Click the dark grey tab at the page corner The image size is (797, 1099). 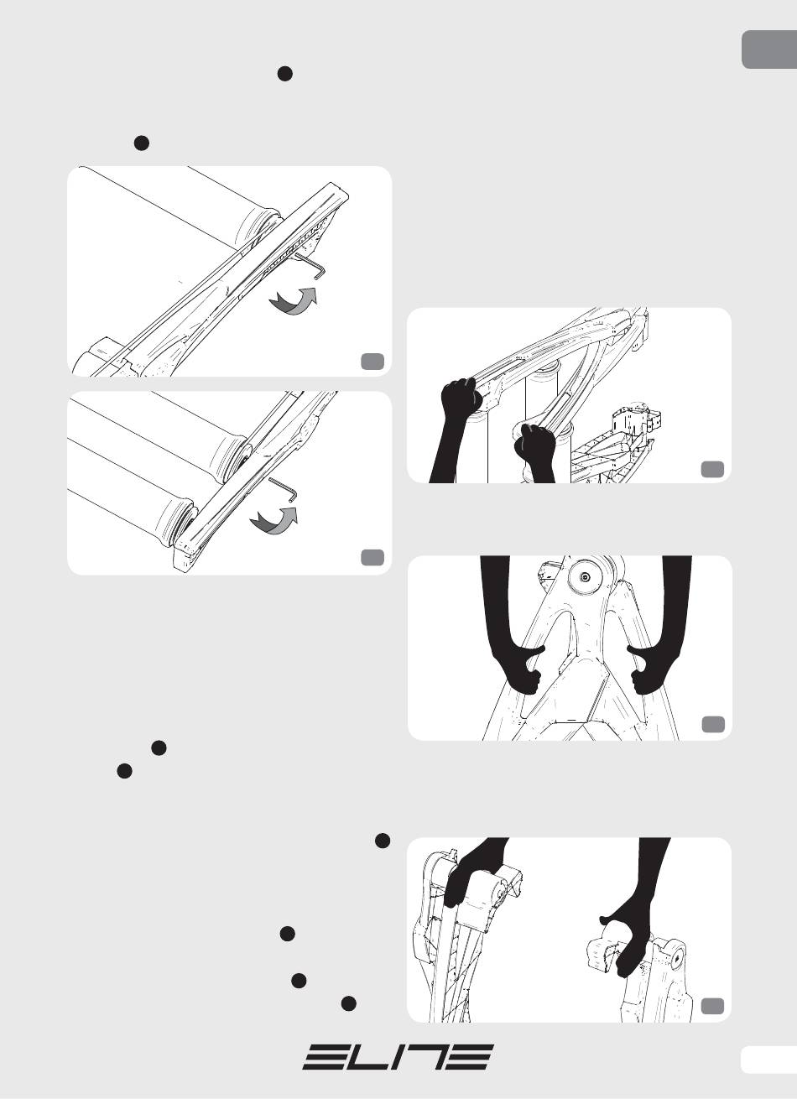point(769,49)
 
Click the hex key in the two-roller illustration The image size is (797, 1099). point(284,488)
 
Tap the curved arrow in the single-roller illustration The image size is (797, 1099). point(294,300)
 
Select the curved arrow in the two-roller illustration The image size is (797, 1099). point(273,520)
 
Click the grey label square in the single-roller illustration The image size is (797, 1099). point(372,361)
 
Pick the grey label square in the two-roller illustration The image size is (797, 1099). point(372,557)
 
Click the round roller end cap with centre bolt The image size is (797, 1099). point(586,577)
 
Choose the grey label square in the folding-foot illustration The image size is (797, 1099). point(712,1006)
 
